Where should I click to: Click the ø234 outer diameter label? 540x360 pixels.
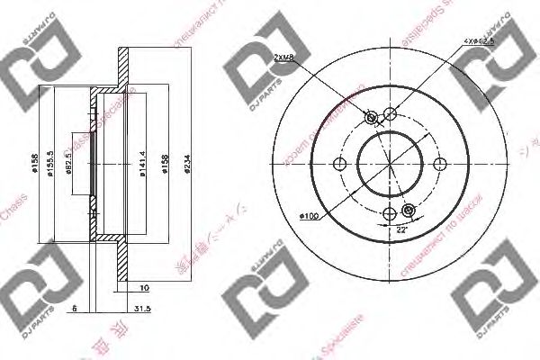tap(186, 163)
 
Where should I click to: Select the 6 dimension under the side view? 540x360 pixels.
tap(73, 308)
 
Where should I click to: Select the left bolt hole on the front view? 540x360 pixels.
tap(340, 164)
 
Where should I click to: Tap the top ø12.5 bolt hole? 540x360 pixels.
tap(390, 114)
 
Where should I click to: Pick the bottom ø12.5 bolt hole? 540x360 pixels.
tap(390, 213)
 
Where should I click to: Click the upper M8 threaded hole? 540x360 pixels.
tap(371, 117)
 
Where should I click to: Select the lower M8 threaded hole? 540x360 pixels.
tap(409, 211)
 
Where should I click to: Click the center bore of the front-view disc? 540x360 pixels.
tap(390, 164)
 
